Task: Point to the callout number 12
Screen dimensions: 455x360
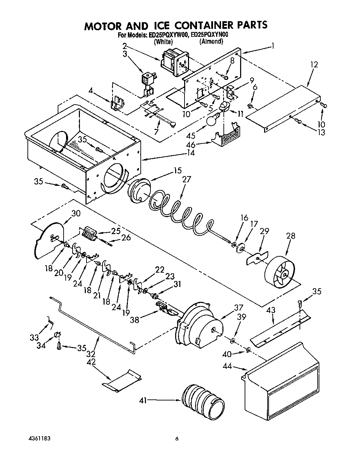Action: [x=314, y=65]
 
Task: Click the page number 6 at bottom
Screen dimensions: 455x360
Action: [x=177, y=439]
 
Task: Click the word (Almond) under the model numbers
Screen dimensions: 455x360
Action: [x=211, y=42]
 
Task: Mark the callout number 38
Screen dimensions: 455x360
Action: [x=134, y=320]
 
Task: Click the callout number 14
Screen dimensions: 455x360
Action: [x=190, y=152]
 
